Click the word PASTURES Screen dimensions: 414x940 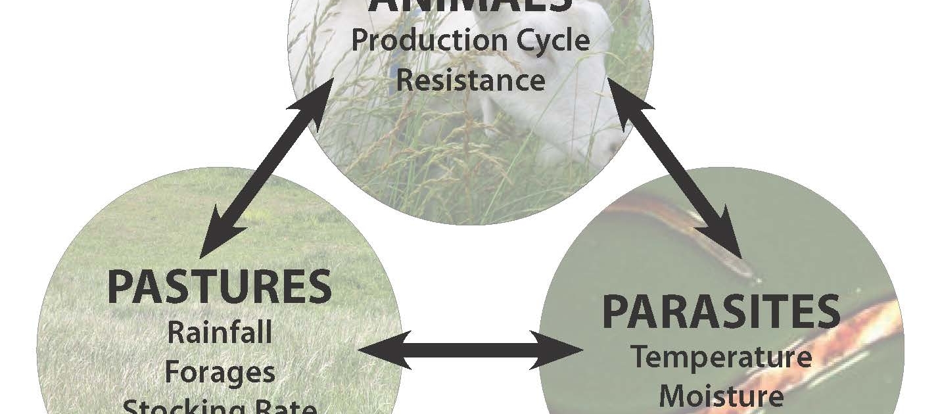pos(219,287)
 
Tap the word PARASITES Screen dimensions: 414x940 pos(721,312)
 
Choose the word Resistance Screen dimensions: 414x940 pos(471,80)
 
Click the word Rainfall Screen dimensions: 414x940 pos(219,333)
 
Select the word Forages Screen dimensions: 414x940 pos(219,372)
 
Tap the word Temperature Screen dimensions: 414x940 pos(721,357)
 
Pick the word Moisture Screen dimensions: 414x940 pos(721,396)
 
